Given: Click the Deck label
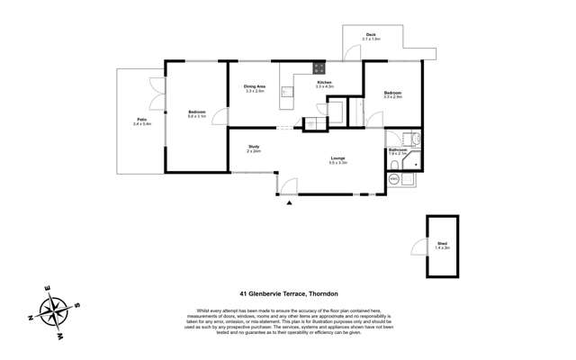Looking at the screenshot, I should tap(371, 35).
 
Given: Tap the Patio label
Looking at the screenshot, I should tap(142, 119).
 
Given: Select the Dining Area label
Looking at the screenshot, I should tap(254, 86).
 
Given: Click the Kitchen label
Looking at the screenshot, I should tap(324, 82).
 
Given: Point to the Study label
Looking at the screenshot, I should tap(254, 147).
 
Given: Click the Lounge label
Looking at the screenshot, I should tap(337, 158).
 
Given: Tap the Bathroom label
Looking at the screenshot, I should tap(398, 150).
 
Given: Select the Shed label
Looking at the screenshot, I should tap(442, 244).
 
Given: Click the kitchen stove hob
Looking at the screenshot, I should tap(319, 67).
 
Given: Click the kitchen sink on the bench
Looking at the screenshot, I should tap(287, 91).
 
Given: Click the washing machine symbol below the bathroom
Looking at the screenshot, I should tap(394, 179).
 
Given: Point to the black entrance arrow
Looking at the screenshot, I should tap(289, 203).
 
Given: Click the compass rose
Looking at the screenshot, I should tap(55, 312).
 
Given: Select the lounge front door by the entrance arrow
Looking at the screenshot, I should tap(287, 186).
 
